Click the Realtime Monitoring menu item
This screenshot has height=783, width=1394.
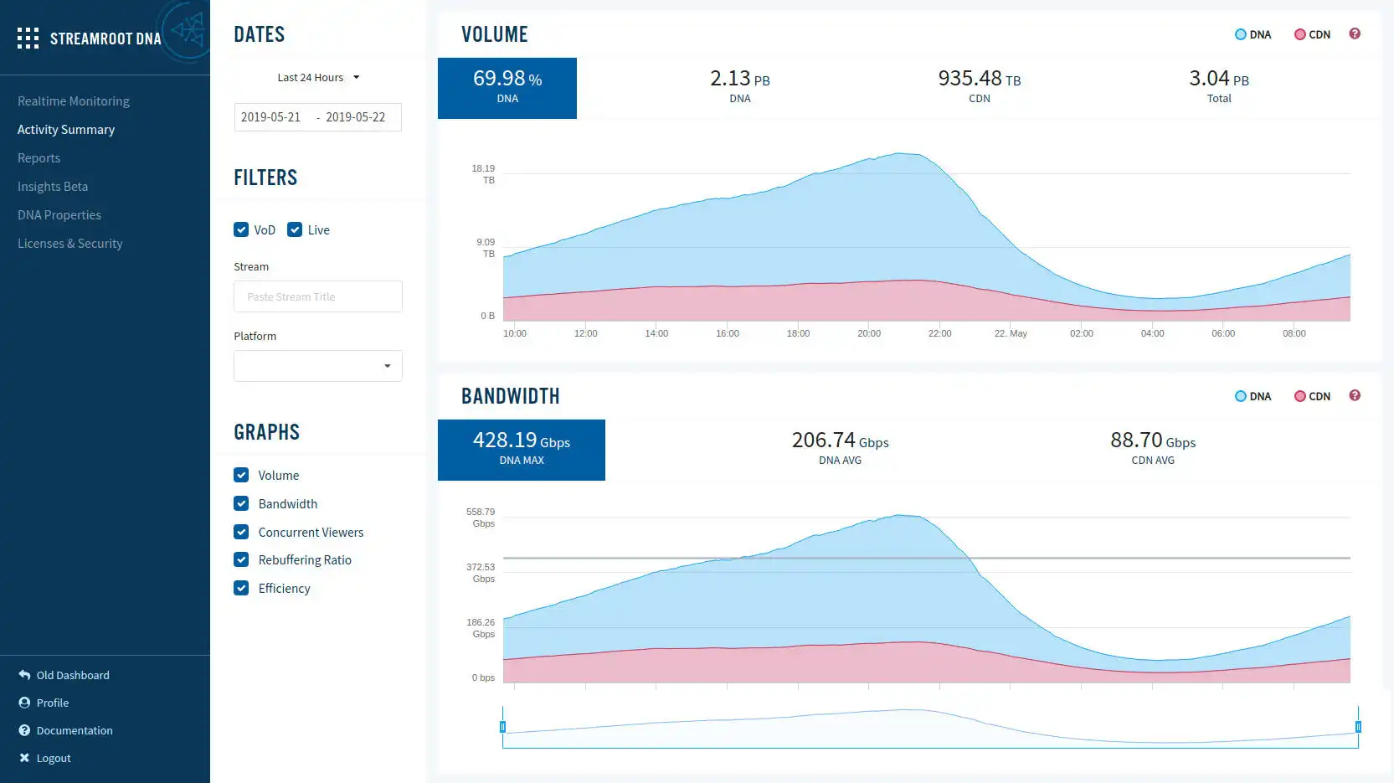pyautogui.click(x=74, y=101)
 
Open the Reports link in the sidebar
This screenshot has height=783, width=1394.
pyautogui.click(x=39, y=158)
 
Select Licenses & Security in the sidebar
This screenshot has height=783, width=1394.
pyautogui.click(x=70, y=244)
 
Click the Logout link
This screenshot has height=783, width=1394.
pyautogui.click(x=53, y=759)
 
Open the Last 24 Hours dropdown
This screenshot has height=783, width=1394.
pyautogui.click(x=318, y=78)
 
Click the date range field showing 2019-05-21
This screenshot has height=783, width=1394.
pyautogui.click(x=317, y=117)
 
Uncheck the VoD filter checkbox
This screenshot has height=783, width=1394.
pyautogui.click(x=241, y=229)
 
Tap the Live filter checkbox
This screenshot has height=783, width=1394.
pyautogui.click(x=295, y=229)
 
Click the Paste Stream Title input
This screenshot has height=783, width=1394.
pyautogui.click(x=317, y=296)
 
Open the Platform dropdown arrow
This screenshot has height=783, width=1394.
pyautogui.click(x=387, y=366)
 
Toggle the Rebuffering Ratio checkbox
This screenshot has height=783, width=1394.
pyautogui.click(x=241, y=559)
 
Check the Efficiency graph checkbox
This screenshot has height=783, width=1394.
pyautogui.click(x=241, y=588)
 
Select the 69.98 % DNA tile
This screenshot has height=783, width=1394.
pyautogui.click(x=507, y=88)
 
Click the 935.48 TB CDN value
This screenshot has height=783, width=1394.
pyautogui.click(x=979, y=79)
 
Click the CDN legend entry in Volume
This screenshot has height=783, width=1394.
pyautogui.click(x=1312, y=34)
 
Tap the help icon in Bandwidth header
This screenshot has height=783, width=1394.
pyautogui.click(x=1355, y=395)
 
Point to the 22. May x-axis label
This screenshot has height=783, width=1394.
pyautogui.click(x=1011, y=333)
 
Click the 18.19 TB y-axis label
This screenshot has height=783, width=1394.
pyautogui.click(x=484, y=174)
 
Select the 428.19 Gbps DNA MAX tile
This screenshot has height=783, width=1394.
pyautogui.click(x=521, y=450)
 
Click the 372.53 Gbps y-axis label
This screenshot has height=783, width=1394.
pyautogui.click(x=481, y=573)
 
